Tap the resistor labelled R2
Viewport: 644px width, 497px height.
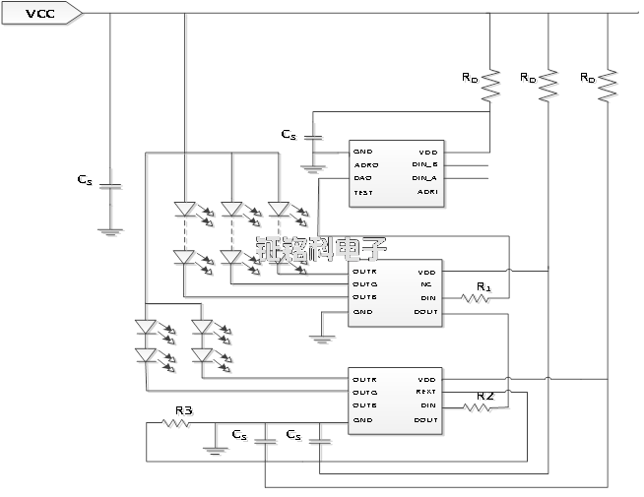(x=476, y=405)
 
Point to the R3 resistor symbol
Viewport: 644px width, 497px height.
(x=174, y=423)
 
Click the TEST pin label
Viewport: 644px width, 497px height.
(x=362, y=193)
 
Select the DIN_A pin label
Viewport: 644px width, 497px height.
(x=424, y=178)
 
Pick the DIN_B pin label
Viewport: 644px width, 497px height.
(x=424, y=164)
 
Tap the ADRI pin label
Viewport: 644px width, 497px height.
(x=427, y=193)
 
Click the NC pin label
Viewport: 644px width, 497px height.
(x=426, y=284)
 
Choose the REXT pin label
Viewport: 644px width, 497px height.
(x=425, y=392)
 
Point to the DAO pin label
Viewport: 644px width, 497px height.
(x=362, y=178)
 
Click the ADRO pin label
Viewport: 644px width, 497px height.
(x=363, y=164)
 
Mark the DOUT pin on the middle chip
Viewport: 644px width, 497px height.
(x=425, y=312)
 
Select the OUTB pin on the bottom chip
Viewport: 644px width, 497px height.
(x=364, y=405)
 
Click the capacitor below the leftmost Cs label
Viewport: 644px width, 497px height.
(x=110, y=184)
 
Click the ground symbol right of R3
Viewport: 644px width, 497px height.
(x=214, y=451)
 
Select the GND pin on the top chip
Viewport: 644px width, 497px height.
(x=362, y=152)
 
